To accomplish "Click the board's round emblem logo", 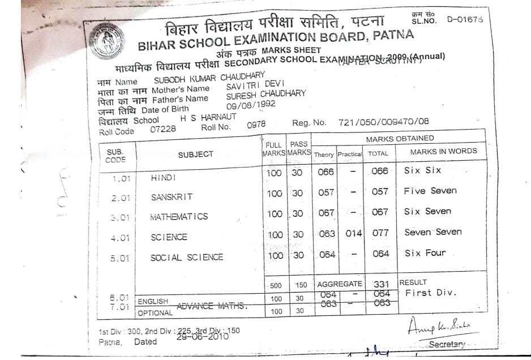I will click(106, 42).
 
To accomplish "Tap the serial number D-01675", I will click(465, 19).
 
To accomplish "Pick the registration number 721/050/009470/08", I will click(384, 122).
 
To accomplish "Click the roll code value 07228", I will click(163, 129).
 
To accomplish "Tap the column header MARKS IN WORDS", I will click(443, 151).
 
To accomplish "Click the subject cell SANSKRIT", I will click(172, 197).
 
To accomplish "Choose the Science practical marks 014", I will click(353, 233).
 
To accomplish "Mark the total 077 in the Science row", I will click(380, 233).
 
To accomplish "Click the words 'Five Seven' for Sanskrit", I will click(430, 191).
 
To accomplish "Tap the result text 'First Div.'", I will click(430, 293).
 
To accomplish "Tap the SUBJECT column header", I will click(196, 154).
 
